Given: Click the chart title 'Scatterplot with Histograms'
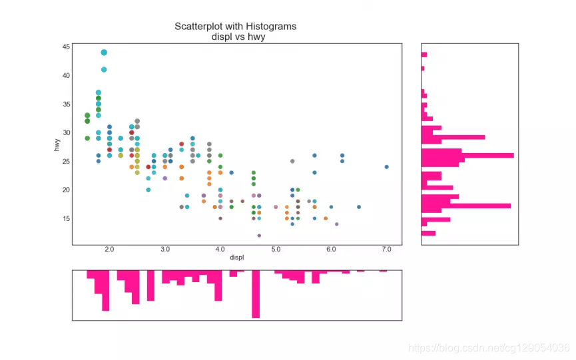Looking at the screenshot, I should click(235, 27).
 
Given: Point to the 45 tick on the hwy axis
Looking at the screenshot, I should click(67, 47).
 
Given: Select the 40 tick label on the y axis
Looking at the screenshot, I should click(67, 75).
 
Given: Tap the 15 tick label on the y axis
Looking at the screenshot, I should click(67, 218).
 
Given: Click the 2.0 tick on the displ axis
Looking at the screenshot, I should click(109, 250).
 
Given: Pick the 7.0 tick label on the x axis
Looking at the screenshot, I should click(386, 250).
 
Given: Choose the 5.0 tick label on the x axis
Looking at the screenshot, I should click(276, 250).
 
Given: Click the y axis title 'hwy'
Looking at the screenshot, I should click(58, 143).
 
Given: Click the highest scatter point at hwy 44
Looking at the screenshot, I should click(104, 52).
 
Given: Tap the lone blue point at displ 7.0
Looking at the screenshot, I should click(386, 167).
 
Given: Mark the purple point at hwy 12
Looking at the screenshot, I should click(259, 236).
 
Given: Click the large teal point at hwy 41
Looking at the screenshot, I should click(104, 69).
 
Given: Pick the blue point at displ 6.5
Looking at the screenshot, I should click(359, 207).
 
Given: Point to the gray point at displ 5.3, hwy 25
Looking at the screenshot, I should click(292, 161).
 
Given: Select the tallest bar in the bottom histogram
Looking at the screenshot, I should click(256, 294).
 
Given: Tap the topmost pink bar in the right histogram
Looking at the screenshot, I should click(424, 55).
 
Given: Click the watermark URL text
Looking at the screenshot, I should click(489, 348).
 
